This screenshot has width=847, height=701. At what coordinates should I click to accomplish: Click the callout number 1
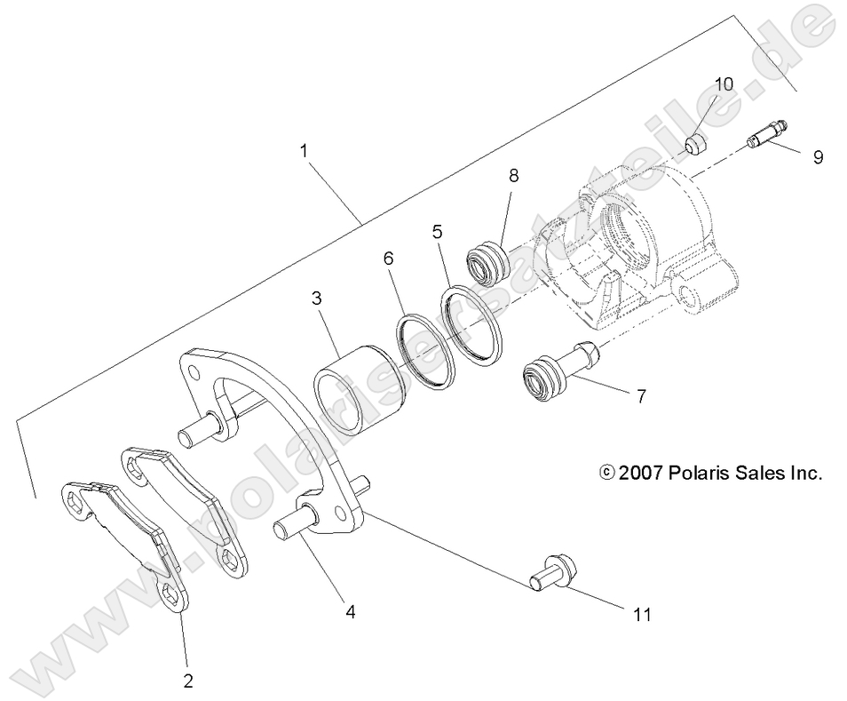point(305,151)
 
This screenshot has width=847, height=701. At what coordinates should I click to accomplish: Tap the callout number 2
point(186,681)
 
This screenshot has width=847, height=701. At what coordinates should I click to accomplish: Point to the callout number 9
point(818,156)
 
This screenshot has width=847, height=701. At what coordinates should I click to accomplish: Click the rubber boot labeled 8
point(487,263)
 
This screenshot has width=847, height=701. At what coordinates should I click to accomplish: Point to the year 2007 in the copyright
point(641,473)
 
